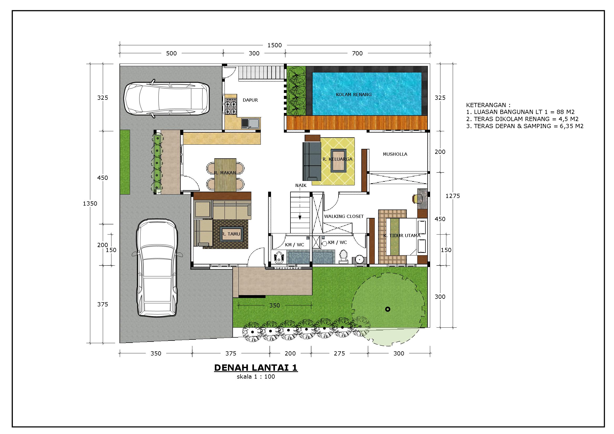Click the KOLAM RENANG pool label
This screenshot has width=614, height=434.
[353, 95]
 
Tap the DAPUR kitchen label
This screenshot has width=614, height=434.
[250, 100]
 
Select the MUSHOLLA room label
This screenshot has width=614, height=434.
[395, 154]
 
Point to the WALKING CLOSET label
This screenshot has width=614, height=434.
[344, 216]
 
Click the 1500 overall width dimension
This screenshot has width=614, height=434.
[275, 45]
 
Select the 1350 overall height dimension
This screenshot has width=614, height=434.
[90, 203]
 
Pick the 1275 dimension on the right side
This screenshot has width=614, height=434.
[452, 196]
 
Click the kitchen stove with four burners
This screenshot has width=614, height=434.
[231, 107]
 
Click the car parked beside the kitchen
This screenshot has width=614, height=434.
[166, 98]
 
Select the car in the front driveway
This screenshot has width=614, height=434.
[157, 267]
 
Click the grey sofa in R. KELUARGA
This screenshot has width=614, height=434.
[311, 161]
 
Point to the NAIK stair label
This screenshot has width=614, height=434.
[301, 185]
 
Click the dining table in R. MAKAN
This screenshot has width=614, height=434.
[225, 175]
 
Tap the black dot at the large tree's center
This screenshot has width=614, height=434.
[388, 309]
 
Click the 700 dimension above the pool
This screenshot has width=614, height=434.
[357, 53]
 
